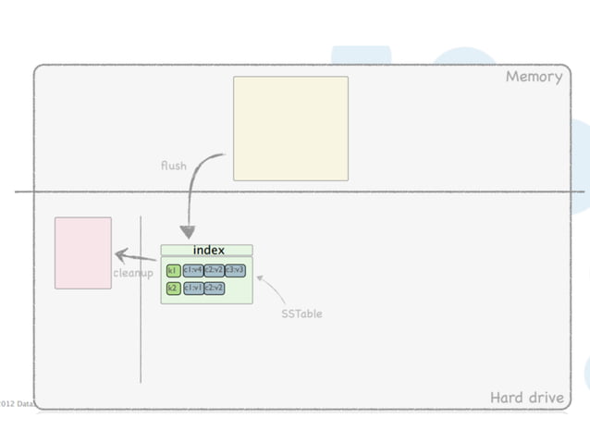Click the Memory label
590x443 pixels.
click(534, 77)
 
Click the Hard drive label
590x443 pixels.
click(526, 398)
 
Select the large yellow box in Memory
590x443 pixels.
click(290, 129)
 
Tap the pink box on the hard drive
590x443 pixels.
click(83, 252)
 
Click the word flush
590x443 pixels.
click(173, 166)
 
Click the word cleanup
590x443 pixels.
click(133, 273)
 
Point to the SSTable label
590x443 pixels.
click(301, 314)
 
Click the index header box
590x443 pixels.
click(206, 250)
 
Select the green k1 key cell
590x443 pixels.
click(173, 270)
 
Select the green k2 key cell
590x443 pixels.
click(173, 288)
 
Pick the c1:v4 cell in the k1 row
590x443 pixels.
click(192, 270)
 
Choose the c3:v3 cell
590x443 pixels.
click(235, 270)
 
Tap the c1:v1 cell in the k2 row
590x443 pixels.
click(192, 288)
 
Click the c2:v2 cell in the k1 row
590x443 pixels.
click(214, 270)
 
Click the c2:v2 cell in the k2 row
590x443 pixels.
click(214, 288)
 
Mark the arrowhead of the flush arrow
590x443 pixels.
click(188, 233)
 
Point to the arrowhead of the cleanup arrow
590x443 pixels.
click(120, 254)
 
